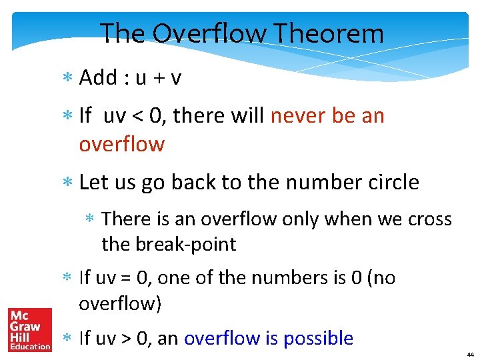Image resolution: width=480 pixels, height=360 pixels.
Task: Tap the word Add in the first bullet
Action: tap(98, 78)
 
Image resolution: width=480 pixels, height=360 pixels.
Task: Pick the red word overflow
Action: tap(121, 144)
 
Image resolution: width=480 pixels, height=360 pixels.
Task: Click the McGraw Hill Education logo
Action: tap(29, 329)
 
